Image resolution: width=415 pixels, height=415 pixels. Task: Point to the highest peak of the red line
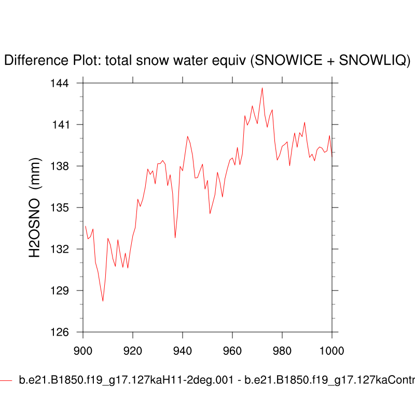(262, 88)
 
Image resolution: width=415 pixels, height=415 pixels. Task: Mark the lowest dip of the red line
(103, 301)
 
